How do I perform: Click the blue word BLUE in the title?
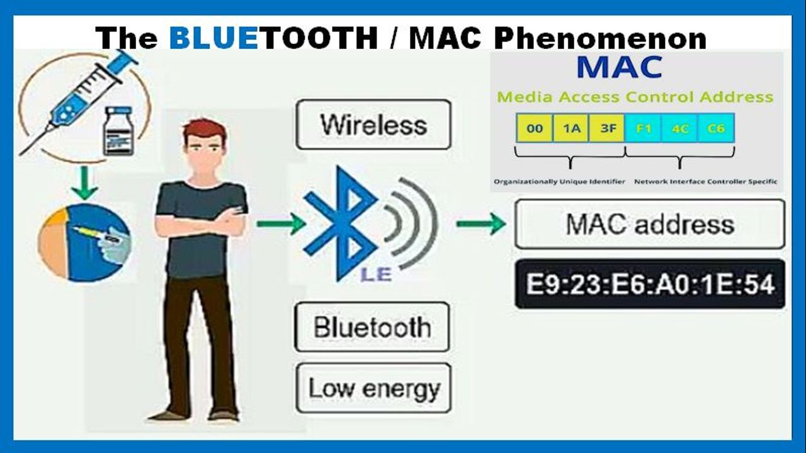pyautogui.click(x=213, y=38)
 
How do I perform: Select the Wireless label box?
pyautogui.click(x=373, y=125)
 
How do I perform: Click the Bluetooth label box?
pyautogui.click(x=372, y=327)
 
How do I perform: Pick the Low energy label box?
pyautogui.click(x=373, y=388)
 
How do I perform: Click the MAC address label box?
pyautogui.click(x=650, y=224)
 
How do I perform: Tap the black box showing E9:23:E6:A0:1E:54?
pyautogui.click(x=650, y=284)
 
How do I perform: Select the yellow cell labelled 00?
pyautogui.click(x=535, y=128)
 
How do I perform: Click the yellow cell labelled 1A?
pyautogui.click(x=570, y=128)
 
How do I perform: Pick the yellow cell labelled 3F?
pyautogui.click(x=607, y=128)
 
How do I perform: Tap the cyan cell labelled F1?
pyautogui.click(x=644, y=128)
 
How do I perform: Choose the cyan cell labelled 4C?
pyautogui.click(x=679, y=128)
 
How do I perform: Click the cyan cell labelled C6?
pyautogui.click(x=716, y=128)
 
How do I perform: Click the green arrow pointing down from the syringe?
pyautogui.click(x=84, y=182)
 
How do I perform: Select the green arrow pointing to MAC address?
pyautogui.click(x=481, y=223)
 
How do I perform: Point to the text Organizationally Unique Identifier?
pyautogui.click(x=559, y=182)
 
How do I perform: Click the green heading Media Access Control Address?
pyautogui.click(x=635, y=97)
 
